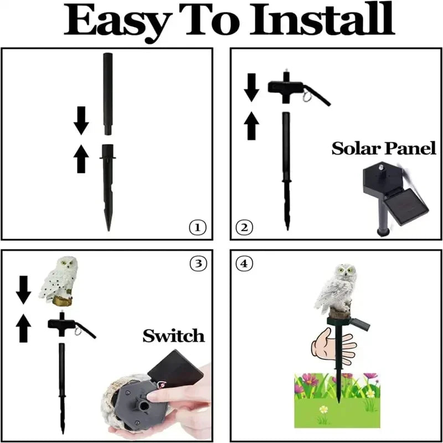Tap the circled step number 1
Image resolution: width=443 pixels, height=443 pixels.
pos(198,226)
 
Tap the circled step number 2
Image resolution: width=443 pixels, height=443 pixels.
pos(245,226)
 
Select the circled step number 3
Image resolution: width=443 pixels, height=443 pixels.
pos(198,264)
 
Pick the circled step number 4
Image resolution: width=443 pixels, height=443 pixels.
pos(244,264)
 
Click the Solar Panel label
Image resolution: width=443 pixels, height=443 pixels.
pos(383,148)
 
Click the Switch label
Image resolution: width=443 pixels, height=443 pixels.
pos(173,335)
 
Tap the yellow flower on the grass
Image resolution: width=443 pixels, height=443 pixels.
pos(322,410)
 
